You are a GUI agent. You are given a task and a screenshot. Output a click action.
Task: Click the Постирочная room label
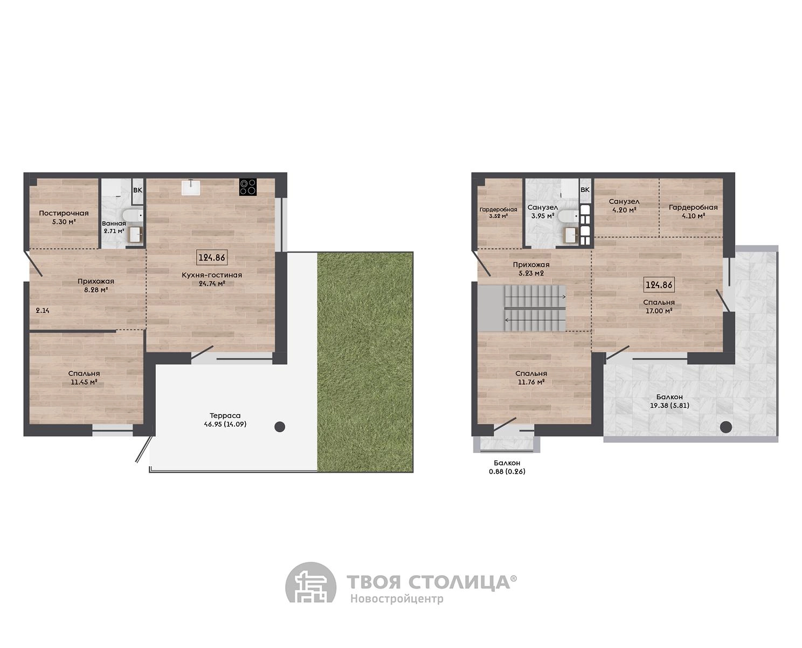coord(64,213)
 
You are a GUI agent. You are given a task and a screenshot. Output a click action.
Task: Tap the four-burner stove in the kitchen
coord(248,187)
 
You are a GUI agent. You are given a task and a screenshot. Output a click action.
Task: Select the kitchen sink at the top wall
coord(193,187)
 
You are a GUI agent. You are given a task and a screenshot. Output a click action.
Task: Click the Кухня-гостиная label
coord(212,275)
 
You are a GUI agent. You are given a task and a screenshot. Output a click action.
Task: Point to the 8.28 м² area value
coord(96,290)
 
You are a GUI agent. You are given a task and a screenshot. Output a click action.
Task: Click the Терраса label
coord(225,415)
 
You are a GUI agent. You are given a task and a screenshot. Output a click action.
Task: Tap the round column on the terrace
coord(280,427)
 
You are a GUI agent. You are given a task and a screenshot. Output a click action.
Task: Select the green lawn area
coord(365,362)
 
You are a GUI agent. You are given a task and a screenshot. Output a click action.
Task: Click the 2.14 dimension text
coord(43,311)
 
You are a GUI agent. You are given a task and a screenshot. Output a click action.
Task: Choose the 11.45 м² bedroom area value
coord(84,382)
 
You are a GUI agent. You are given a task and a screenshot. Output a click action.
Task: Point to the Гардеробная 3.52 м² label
coord(498,213)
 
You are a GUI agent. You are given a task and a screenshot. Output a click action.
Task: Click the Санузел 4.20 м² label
coord(624,206)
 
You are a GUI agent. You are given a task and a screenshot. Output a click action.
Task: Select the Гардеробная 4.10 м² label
coord(693,212)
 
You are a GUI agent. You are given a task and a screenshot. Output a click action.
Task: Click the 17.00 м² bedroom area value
coord(659,311)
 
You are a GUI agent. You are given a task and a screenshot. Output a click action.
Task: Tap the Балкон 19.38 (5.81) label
coord(669,401)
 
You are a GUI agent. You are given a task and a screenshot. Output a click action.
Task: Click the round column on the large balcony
coord(726,427)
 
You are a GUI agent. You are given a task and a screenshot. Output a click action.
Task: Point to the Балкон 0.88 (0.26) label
coord(507,467)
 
